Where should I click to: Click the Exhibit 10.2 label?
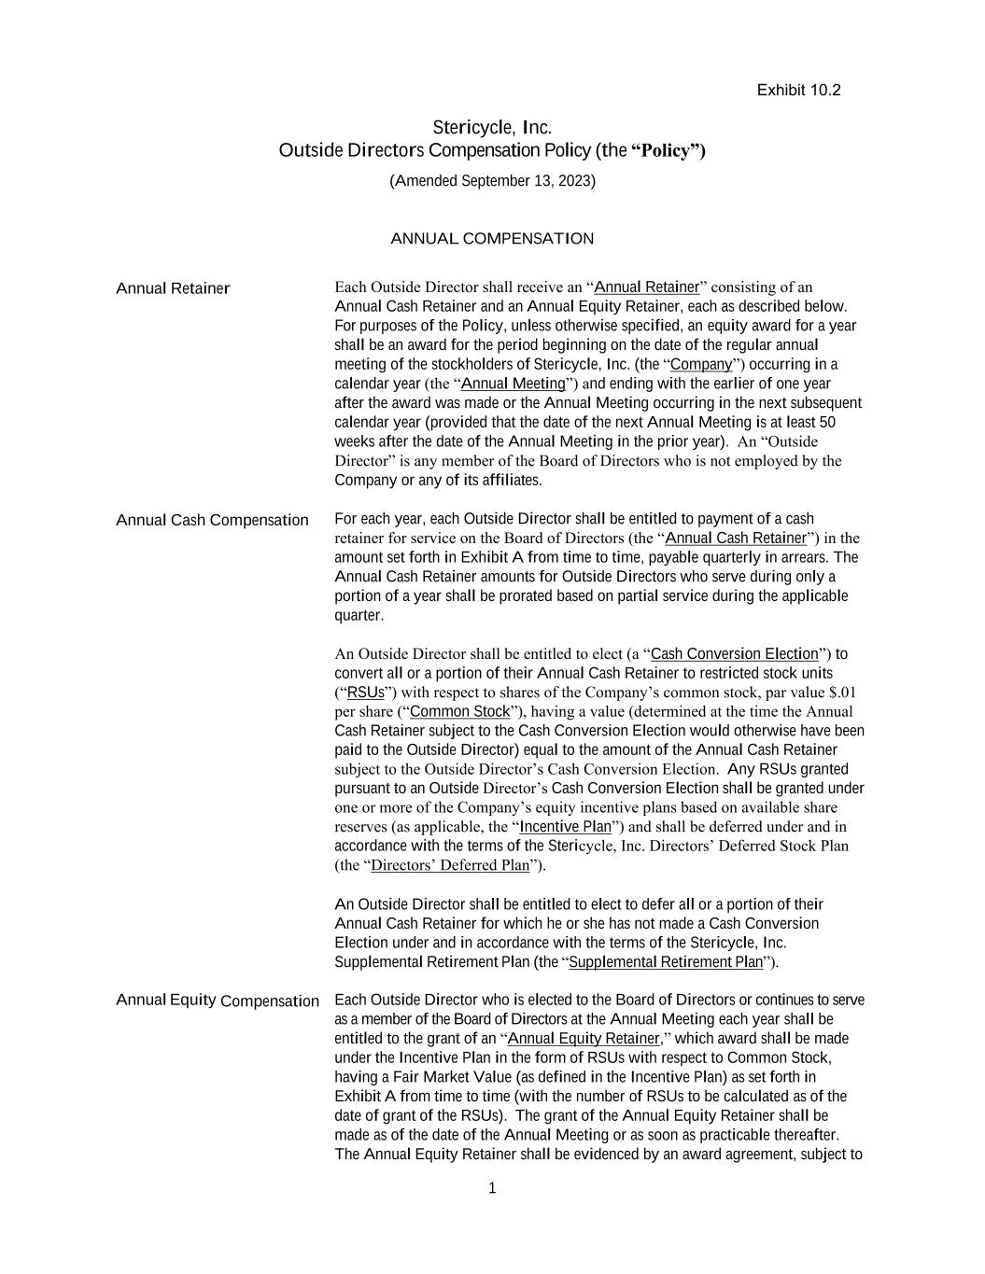pyautogui.click(x=798, y=91)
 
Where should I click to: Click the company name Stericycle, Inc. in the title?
pyautogui.click(x=492, y=127)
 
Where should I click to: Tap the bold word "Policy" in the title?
pyautogui.click(x=670, y=150)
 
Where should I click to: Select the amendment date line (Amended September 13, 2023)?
pyautogui.click(x=492, y=181)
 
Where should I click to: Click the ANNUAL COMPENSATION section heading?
pyautogui.click(x=492, y=239)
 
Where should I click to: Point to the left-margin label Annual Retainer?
pyautogui.click(x=173, y=288)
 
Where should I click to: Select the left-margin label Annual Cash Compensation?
pyautogui.click(x=212, y=520)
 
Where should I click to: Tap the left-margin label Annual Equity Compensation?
pyautogui.click(x=218, y=1001)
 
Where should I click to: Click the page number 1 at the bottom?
pyautogui.click(x=492, y=1188)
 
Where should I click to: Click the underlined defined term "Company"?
pyautogui.click(x=701, y=364)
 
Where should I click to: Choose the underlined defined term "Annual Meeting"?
pyautogui.click(x=514, y=384)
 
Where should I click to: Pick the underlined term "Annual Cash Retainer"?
pyautogui.click(x=736, y=538)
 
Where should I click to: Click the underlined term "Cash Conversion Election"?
pyautogui.click(x=734, y=653)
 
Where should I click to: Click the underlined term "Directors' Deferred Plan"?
pyautogui.click(x=450, y=865)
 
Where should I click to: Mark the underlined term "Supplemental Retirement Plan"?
pyautogui.click(x=666, y=962)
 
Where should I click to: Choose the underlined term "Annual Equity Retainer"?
pyautogui.click(x=584, y=1039)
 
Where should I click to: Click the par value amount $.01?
pyautogui.click(x=842, y=693)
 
